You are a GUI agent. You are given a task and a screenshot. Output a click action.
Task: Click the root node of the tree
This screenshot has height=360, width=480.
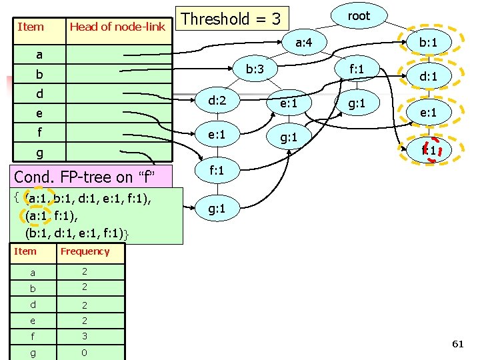point(359,16)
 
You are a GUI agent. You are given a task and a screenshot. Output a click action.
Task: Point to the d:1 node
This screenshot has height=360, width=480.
point(427,77)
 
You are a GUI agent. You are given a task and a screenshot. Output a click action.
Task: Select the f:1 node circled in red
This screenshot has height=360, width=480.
point(428,151)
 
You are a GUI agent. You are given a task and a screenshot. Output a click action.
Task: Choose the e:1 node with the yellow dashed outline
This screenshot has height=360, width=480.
point(427,113)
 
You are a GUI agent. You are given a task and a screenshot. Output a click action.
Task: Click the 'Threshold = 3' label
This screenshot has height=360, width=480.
point(231,19)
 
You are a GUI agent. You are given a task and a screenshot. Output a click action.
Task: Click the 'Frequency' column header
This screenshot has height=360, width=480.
point(85,251)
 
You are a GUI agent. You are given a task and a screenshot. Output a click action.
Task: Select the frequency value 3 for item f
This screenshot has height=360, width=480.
point(85,337)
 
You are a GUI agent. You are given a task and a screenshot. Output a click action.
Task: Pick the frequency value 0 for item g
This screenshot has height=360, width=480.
point(85,353)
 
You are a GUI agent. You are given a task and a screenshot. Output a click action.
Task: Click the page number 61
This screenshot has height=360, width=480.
point(457,344)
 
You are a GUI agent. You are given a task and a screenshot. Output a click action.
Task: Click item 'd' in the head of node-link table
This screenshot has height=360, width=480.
point(39,94)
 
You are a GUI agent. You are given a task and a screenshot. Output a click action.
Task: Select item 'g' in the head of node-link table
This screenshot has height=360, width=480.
point(39,153)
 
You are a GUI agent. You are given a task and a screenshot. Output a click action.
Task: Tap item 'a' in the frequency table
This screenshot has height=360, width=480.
point(33,273)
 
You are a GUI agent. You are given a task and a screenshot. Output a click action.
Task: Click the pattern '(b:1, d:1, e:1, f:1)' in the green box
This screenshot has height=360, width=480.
point(77,233)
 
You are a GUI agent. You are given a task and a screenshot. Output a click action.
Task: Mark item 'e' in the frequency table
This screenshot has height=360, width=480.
point(33,321)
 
